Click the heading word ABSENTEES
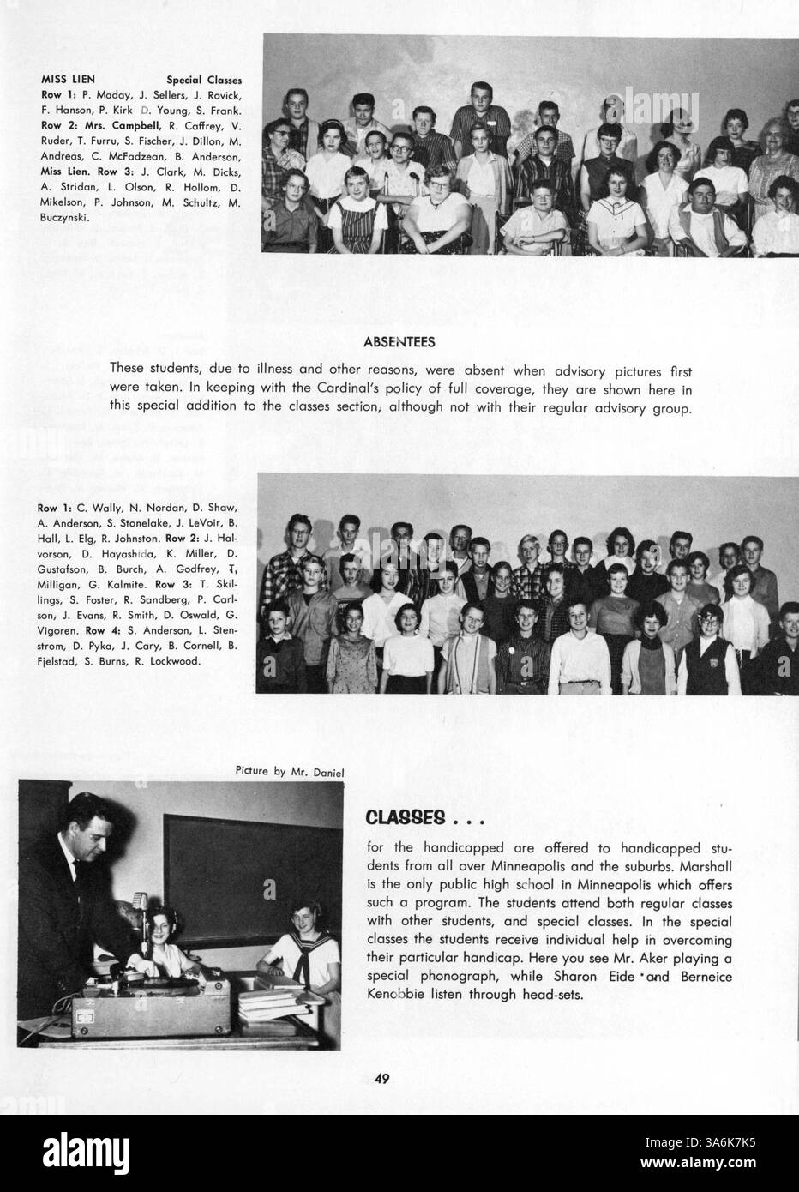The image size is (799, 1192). (x=399, y=342)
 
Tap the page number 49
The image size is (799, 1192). (x=382, y=1079)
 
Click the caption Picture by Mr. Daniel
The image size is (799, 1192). (x=290, y=771)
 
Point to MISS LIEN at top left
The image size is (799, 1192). (x=69, y=80)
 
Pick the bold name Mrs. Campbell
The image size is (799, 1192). (x=104, y=126)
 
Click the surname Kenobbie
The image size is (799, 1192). (x=400, y=994)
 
